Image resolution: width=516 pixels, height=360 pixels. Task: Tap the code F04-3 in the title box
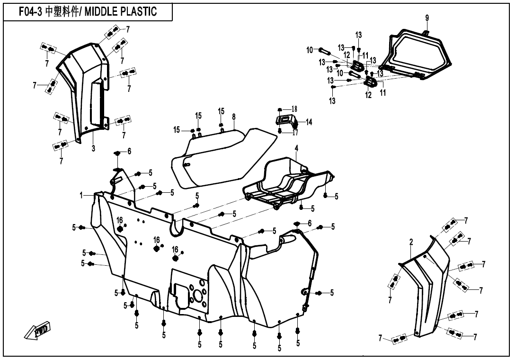[31, 12]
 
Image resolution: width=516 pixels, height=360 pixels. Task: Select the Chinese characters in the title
[62, 12]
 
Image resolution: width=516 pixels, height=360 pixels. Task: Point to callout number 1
[81, 195]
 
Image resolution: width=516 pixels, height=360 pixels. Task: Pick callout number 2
[411, 243]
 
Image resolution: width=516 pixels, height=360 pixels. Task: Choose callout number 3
[93, 148]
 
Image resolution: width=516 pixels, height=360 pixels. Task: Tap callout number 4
[296, 148]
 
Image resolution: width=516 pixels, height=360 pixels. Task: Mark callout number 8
[234, 117]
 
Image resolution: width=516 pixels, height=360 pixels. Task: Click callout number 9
[427, 18]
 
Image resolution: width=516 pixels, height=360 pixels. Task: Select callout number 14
[309, 122]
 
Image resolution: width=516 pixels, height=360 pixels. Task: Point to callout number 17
[295, 132]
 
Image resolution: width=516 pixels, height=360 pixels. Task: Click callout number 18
[294, 109]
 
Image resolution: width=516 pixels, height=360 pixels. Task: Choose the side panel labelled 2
[426, 284]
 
